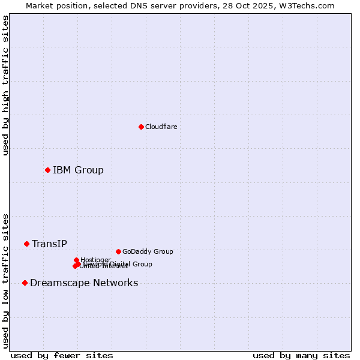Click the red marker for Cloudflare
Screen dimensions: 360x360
pos(141,127)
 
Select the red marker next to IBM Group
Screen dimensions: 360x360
pos(47,170)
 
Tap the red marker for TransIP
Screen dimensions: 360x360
pos(26,244)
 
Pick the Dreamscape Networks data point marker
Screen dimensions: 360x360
pos(25,283)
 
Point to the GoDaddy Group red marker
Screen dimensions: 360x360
pos(118,251)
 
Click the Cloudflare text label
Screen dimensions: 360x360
pos(161,127)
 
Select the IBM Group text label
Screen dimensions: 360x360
pos(78,170)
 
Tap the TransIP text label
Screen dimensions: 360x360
pos(49,244)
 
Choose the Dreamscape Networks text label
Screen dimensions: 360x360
pos(84,283)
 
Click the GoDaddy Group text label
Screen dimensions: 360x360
pos(148,251)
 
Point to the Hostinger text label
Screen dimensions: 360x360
pos(95,260)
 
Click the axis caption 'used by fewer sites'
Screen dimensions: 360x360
pos(62,355)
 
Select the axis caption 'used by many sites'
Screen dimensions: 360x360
pos(301,355)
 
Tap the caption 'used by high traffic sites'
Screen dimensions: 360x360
pos(5,85)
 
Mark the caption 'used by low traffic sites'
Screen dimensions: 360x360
pos(5,281)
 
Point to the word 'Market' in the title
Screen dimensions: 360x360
pos(39,5)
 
